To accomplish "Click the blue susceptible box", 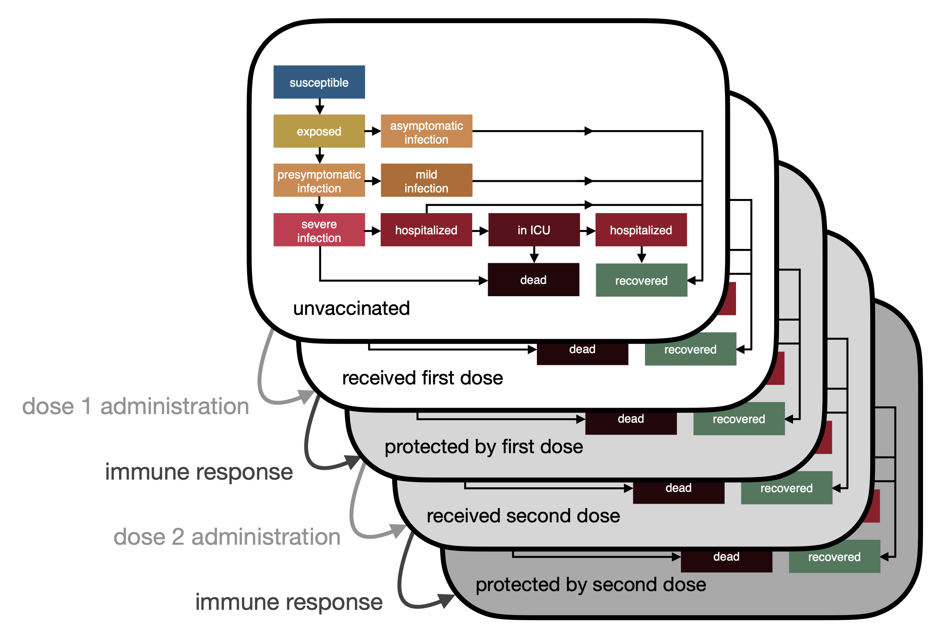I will (319, 82).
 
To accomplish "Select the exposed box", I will (319, 131).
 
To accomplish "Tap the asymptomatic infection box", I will (426, 131).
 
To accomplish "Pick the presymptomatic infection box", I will (319, 181).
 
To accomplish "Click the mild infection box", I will (426, 181).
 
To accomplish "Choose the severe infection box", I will (319, 230).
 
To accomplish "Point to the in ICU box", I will (534, 230).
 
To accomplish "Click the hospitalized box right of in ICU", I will (641, 230).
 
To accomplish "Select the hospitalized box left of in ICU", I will (426, 230).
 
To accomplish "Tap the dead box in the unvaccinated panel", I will (533, 280).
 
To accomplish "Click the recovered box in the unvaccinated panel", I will (641, 280).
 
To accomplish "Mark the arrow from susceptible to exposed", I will (320, 107).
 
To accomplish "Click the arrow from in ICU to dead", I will (534, 255).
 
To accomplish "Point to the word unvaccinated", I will (352, 308).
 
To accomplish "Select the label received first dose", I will (423, 378).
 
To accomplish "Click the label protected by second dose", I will (591, 585).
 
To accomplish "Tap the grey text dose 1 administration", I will (136, 406).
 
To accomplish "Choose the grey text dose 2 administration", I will (227, 537).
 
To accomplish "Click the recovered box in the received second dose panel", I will (786, 488).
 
